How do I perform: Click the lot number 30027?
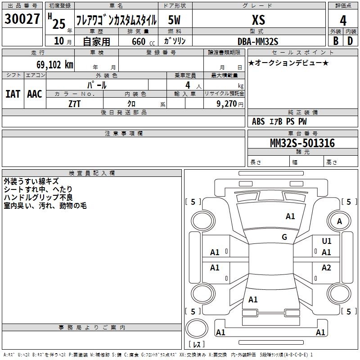click(x=22, y=19)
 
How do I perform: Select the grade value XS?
click(x=259, y=20)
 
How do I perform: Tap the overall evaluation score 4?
click(x=343, y=20)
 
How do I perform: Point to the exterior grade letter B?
click(x=335, y=40)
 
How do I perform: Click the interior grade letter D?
click(x=350, y=40)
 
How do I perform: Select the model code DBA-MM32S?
click(x=258, y=41)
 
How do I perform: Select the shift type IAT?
click(x=13, y=94)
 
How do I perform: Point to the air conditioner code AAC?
click(x=35, y=94)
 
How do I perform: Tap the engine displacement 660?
click(x=139, y=41)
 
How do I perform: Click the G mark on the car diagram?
click(x=284, y=237)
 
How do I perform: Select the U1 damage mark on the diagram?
click(x=327, y=242)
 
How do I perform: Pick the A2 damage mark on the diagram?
click(x=326, y=268)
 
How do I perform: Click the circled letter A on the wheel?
click(x=340, y=221)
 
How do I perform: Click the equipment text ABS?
click(x=258, y=121)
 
